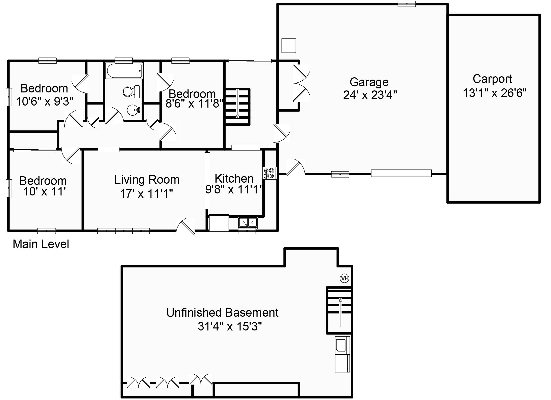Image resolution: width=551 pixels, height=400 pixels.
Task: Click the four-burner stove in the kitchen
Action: pyautogui.click(x=269, y=173)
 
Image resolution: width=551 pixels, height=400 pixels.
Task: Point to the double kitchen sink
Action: pyautogui.click(x=248, y=222)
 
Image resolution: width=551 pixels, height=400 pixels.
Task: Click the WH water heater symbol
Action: pyautogui.click(x=344, y=278)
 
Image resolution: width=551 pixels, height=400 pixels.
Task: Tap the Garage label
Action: pyautogui.click(x=369, y=82)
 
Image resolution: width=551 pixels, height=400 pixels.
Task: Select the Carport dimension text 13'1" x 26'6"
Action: pyautogui.click(x=494, y=93)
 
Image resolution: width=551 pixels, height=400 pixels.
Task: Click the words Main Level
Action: pyautogui.click(x=41, y=244)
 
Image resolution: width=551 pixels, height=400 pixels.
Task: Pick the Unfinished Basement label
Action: pyautogui.click(x=222, y=313)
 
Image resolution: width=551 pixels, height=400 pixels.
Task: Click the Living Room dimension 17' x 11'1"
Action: pyautogui.click(x=146, y=194)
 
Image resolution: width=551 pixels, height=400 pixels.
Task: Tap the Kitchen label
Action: pyautogui.click(x=234, y=179)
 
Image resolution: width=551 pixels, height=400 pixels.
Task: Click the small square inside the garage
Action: pyautogui.click(x=289, y=46)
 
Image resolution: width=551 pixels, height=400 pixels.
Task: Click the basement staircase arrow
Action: pyautogui.click(x=340, y=312)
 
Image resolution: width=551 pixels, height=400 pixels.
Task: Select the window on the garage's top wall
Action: pyautogui.click(x=406, y=4)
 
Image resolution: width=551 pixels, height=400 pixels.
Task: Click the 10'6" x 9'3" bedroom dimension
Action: pyautogui.click(x=45, y=102)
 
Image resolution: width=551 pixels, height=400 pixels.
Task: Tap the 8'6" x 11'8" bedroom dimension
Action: pyautogui.click(x=194, y=104)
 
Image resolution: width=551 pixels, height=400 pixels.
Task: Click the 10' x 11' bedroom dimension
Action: pyautogui.click(x=45, y=192)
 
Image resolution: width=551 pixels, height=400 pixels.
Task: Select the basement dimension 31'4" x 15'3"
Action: pyautogui.click(x=230, y=326)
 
